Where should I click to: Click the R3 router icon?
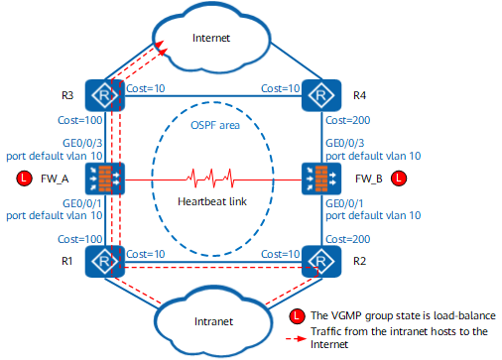(x=105, y=95)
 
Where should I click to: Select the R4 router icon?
(x=321, y=95)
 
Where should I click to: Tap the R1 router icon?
(x=105, y=261)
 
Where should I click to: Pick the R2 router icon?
(x=321, y=261)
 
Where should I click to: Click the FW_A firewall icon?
(x=105, y=179)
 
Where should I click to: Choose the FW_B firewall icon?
(x=321, y=179)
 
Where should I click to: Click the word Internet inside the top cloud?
(x=211, y=38)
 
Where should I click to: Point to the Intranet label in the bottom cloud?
(x=213, y=321)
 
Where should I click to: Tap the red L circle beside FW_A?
(x=24, y=179)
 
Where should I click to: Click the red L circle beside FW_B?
(x=399, y=179)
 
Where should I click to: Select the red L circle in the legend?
(x=297, y=316)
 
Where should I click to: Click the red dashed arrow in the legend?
(x=297, y=338)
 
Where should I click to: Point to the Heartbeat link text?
(x=212, y=201)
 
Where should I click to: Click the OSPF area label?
(x=215, y=125)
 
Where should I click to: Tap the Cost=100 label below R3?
(x=80, y=120)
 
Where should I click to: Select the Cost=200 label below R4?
(x=348, y=120)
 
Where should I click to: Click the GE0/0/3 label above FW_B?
(x=345, y=143)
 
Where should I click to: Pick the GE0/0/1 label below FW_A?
(x=82, y=203)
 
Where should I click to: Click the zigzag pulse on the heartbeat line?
(x=210, y=179)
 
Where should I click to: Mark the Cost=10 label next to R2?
(x=281, y=254)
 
